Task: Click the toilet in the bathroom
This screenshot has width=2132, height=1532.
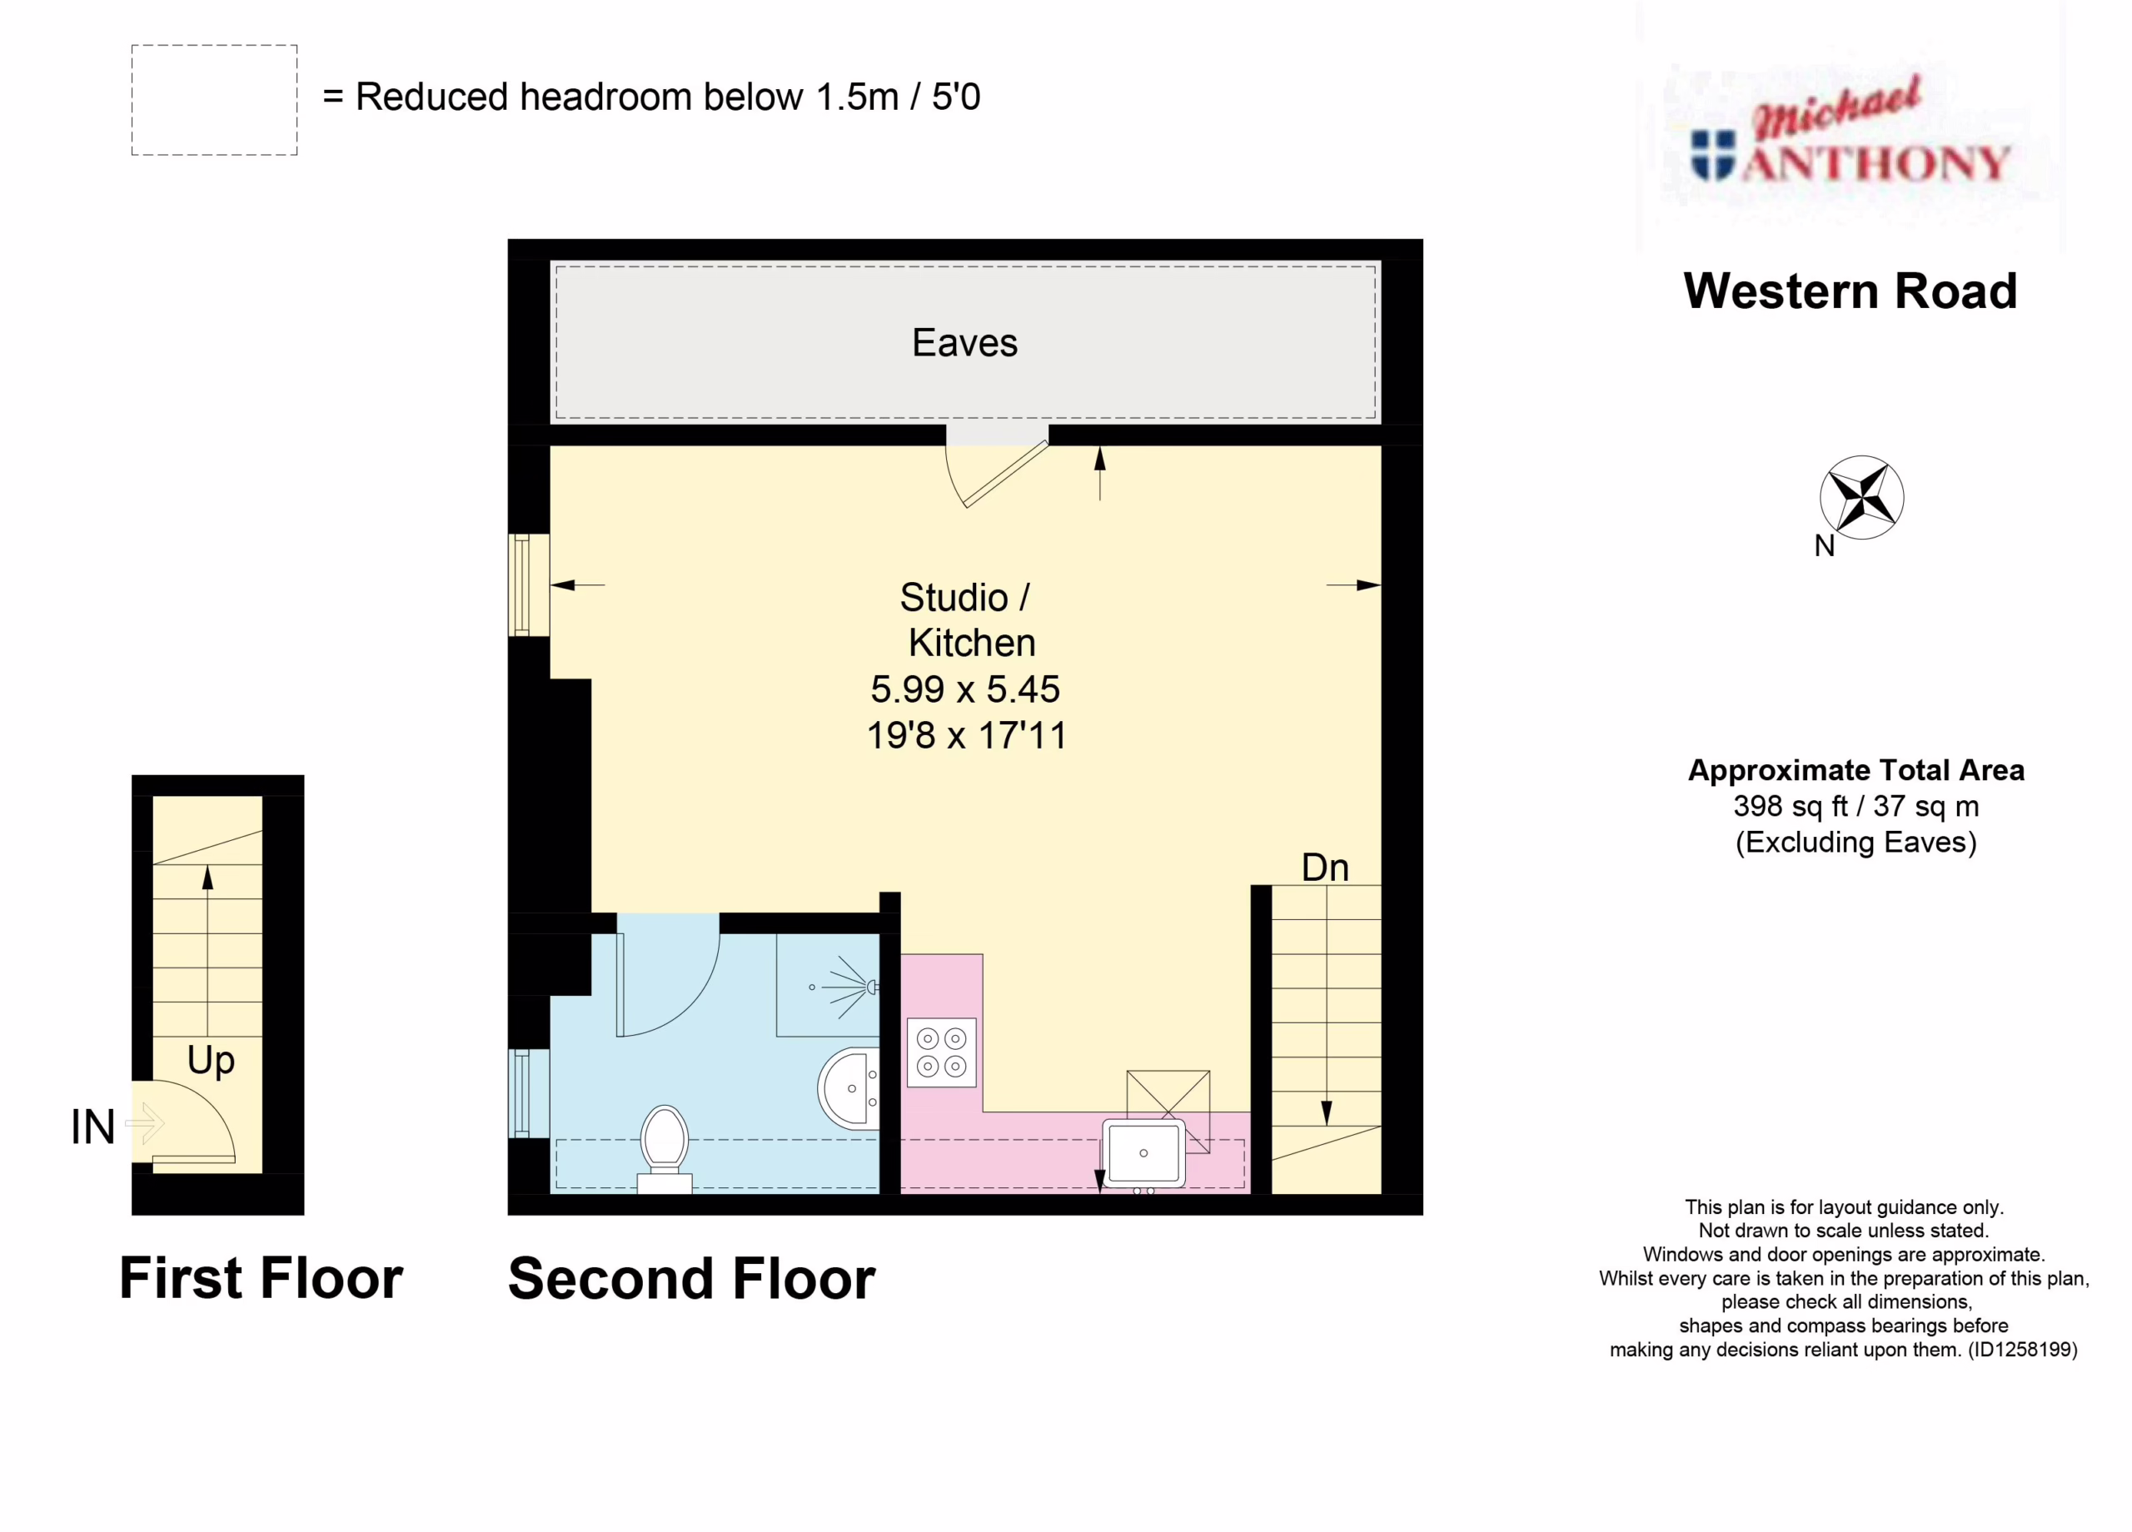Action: [x=665, y=1147]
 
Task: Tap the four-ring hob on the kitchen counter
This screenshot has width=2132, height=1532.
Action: [x=941, y=1052]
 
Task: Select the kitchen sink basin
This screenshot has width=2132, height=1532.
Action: [x=1143, y=1153]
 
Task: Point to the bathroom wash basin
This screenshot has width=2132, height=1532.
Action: [x=849, y=1088]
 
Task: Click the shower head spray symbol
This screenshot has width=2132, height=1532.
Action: [x=846, y=987]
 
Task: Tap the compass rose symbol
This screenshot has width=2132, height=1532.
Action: [x=1861, y=497]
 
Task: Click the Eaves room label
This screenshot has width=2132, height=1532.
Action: [x=964, y=343]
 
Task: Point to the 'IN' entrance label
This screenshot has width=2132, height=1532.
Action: [x=93, y=1127]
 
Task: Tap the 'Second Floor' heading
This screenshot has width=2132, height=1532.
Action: [x=692, y=1279]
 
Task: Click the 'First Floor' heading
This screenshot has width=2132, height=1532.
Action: [x=262, y=1278]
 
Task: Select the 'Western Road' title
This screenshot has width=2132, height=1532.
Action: [x=1850, y=291]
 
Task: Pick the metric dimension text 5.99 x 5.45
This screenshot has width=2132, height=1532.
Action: [x=965, y=690]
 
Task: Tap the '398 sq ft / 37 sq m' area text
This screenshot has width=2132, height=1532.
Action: [x=1856, y=807]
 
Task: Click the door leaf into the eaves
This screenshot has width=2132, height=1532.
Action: [x=1006, y=475]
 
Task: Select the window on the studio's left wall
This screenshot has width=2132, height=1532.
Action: [x=528, y=584]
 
